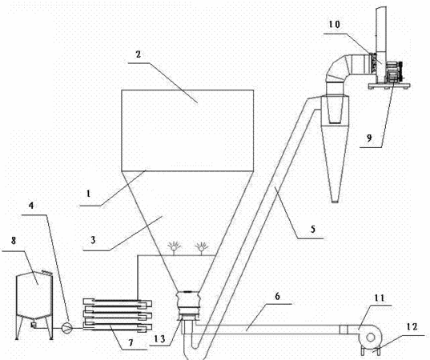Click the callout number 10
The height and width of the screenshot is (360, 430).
pos(335,25)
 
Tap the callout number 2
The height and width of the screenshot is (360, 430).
pos(139,54)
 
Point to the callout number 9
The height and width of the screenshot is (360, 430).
pos(369,138)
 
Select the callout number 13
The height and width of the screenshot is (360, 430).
pos(160,339)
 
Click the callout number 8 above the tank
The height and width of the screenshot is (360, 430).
pos(14,241)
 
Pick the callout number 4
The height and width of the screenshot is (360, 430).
pos(31,206)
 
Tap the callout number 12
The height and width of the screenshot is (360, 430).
pos(412,326)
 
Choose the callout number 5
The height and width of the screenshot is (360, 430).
pos(313,229)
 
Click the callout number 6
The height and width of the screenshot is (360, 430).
pos(278,296)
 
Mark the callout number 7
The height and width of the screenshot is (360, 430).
pos(131,342)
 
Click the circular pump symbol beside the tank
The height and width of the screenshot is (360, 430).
pos(66,327)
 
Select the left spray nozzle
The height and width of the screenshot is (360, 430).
pos(174,247)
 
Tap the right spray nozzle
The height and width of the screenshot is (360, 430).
pos(202,247)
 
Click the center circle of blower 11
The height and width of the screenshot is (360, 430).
pos(370,338)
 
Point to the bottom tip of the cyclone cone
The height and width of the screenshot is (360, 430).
pos(335,202)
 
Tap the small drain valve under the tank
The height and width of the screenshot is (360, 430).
pos(34,325)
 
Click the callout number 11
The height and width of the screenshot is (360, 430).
pos(380,298)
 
